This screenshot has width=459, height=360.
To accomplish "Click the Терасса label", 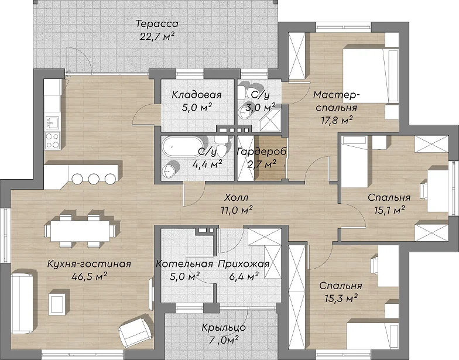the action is tap(157, 23).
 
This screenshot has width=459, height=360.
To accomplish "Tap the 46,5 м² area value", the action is tap(89, 276).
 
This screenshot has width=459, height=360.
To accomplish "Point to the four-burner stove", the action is tap(53, 140).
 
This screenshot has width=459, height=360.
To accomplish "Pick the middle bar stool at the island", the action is tap(94, 179).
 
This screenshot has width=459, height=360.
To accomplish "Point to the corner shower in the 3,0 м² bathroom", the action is tap(269, 121).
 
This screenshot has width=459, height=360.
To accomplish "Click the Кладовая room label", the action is tap(197, 95).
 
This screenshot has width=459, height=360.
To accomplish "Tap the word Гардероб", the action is tap(262, 152).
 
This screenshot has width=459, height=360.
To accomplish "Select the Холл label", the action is tap(237, 198).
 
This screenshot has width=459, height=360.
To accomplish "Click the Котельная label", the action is tap(184, 263).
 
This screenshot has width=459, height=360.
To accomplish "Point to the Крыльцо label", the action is tap(224, 328).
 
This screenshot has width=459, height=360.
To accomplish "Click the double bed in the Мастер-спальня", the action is tap(371, 76).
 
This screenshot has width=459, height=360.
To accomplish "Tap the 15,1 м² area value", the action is tap(389, 210).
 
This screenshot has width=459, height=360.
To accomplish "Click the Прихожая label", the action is tap(244, 263).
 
